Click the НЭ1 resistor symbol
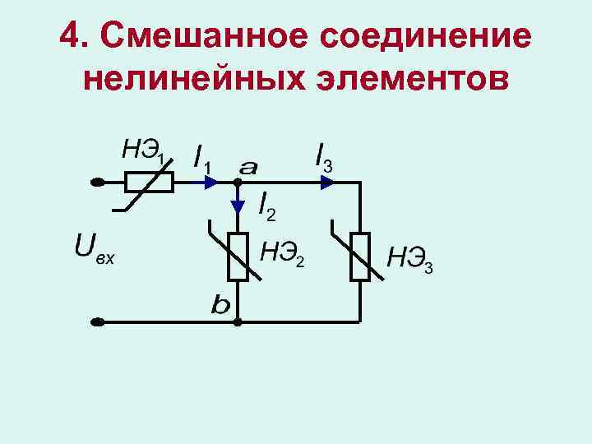[149, 183]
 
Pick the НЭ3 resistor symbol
[359, 257]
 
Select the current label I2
[266, 206]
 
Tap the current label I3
[323, 156]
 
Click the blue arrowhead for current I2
[237, 206]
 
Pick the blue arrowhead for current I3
[327, 183]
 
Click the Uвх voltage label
[93, 249]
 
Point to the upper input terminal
[97, 183]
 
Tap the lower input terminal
[97, 321]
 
